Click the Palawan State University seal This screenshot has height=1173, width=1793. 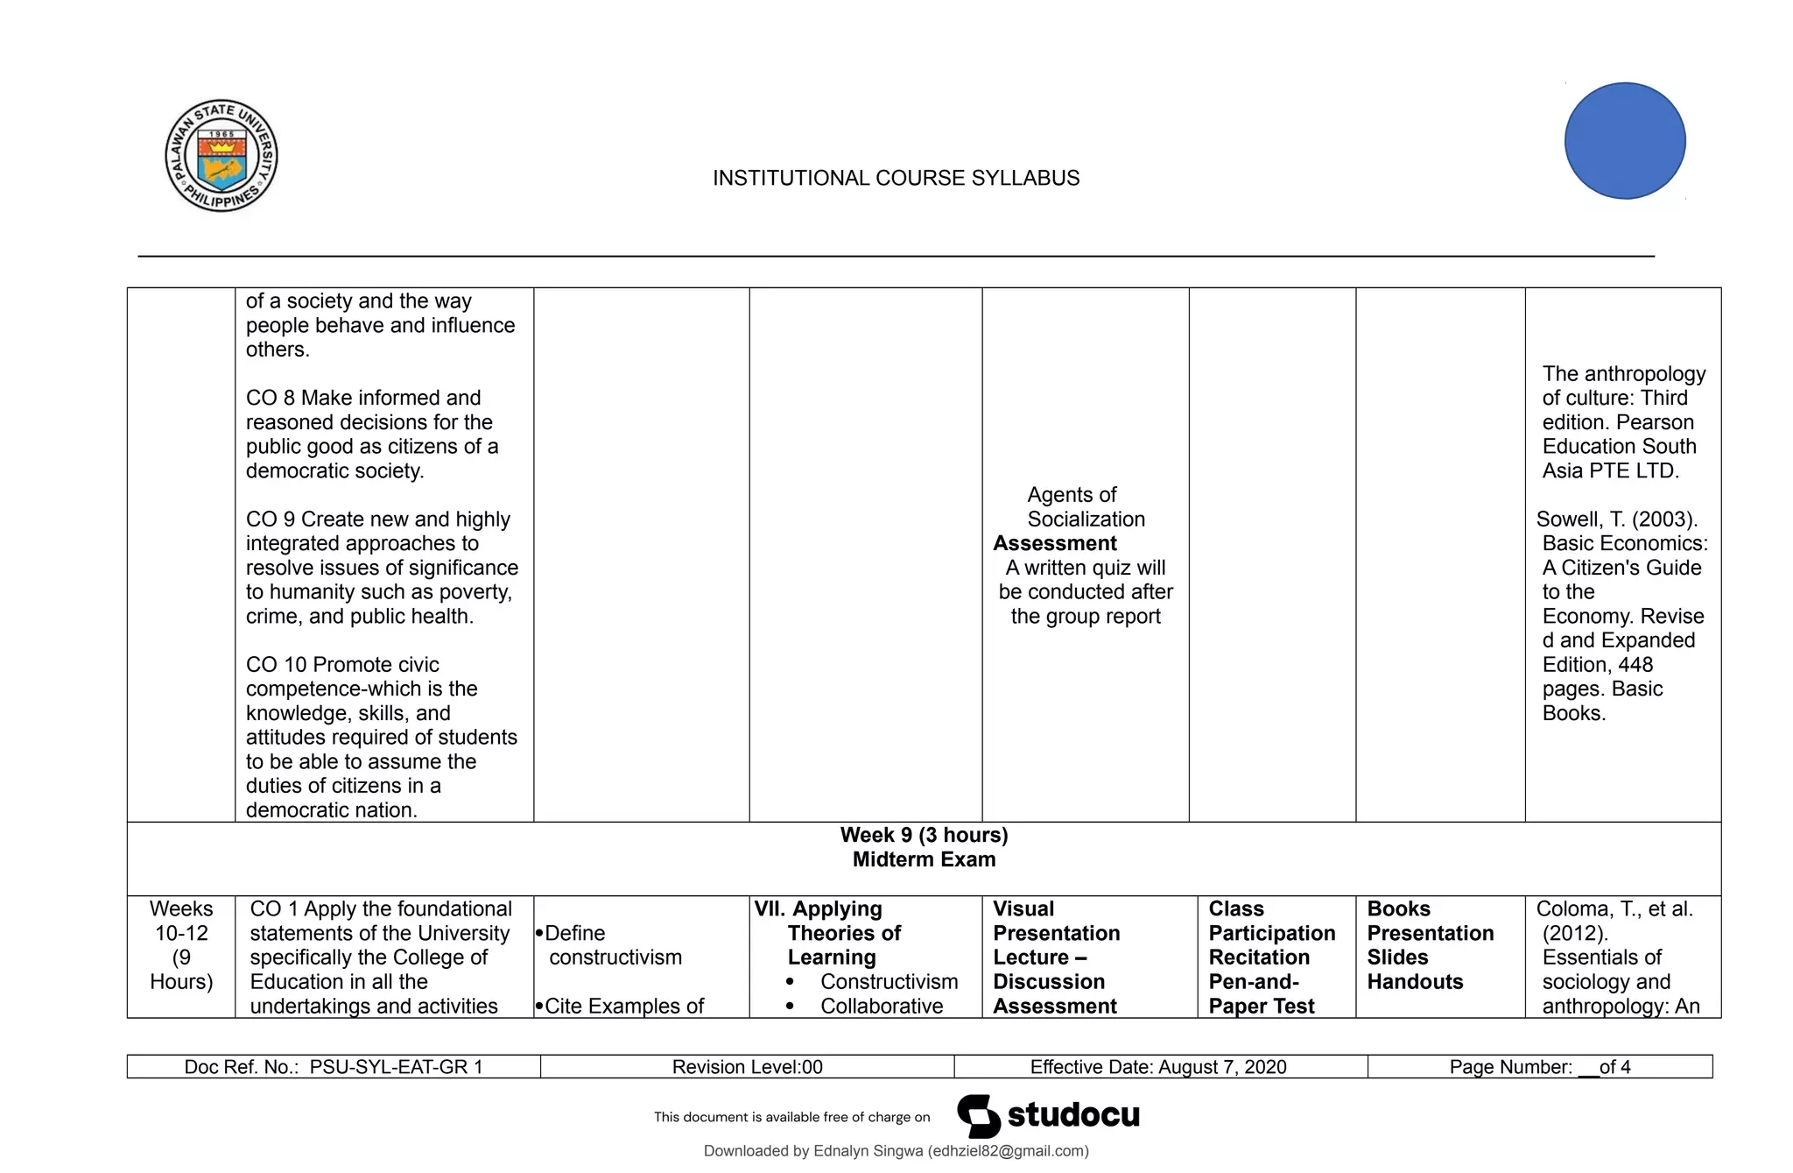coord(221,155)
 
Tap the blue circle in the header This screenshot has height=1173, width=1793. coord(1625,141)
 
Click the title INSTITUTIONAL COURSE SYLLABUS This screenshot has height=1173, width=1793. coord(896,178)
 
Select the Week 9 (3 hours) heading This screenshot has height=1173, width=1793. coord(924,835)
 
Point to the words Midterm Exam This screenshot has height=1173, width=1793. coord(924,859)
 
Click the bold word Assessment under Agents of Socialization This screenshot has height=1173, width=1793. coord(1055,543)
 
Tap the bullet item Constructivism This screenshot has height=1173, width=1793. coord(889,982)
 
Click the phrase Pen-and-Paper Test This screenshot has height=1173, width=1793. coord(1261,994)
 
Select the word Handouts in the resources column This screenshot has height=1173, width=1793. coord(1415,982)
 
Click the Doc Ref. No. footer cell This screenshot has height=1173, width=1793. coord(334,1067)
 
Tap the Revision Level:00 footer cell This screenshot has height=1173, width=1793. coord(747,1067)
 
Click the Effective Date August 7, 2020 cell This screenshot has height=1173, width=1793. coord(1158,1067)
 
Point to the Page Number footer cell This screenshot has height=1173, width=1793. coord(1539,1067)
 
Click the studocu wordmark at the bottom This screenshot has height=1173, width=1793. coord(1072,1115)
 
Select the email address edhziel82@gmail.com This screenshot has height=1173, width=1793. coord(1008,1151)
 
